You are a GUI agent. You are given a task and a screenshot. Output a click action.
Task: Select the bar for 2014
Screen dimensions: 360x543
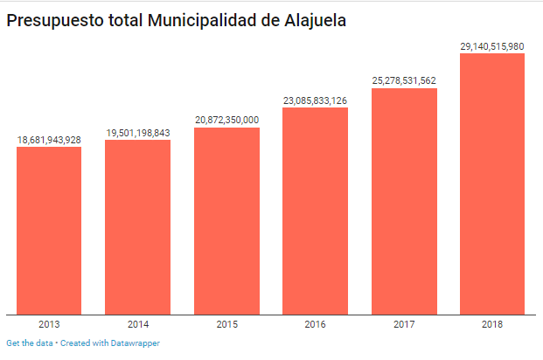(x=137, y=226)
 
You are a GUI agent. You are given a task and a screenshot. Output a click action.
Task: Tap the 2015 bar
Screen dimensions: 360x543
(x=226, y=220)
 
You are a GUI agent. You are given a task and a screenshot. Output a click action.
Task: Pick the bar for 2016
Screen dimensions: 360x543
(x=315, y=211)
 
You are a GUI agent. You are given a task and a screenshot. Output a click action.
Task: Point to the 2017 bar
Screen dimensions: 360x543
(x=404, y=201)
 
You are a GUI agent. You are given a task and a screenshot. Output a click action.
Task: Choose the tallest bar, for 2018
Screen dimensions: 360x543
(x=492, y=183)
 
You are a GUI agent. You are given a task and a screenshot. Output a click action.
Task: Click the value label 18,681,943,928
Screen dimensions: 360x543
(x=49, y=140)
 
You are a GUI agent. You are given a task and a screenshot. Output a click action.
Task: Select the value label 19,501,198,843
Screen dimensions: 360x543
(x=138, y=133)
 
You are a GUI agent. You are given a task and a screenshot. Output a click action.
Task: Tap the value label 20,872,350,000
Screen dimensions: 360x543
(x=226, y=120)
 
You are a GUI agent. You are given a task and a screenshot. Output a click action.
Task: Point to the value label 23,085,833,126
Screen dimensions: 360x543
(x=315, y=100)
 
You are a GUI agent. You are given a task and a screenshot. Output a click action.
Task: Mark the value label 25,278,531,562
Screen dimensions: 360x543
(x=404, y=81)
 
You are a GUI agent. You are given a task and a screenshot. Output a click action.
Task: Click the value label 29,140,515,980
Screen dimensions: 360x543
(x=492, y=46)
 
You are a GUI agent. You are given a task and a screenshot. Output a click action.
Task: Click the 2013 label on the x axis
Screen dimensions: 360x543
(x=49, y=324)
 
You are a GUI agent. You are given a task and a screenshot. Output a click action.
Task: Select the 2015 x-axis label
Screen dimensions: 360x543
(x=226, y=324)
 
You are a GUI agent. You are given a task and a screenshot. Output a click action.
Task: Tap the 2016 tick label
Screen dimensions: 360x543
(x=315, y=324)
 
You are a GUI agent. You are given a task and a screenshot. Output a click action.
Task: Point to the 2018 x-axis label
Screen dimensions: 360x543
(x=492, y=324)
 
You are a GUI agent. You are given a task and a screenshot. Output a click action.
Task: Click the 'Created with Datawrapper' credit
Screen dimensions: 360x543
(x=110, y=343)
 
